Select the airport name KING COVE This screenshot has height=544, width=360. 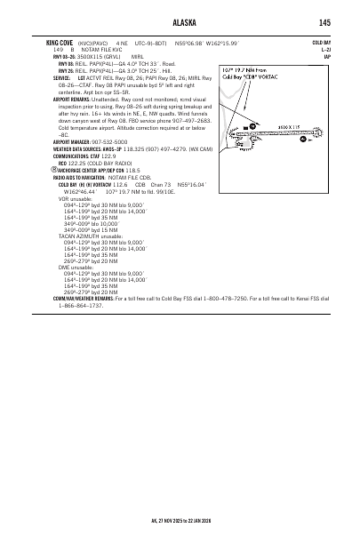[60, 42]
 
